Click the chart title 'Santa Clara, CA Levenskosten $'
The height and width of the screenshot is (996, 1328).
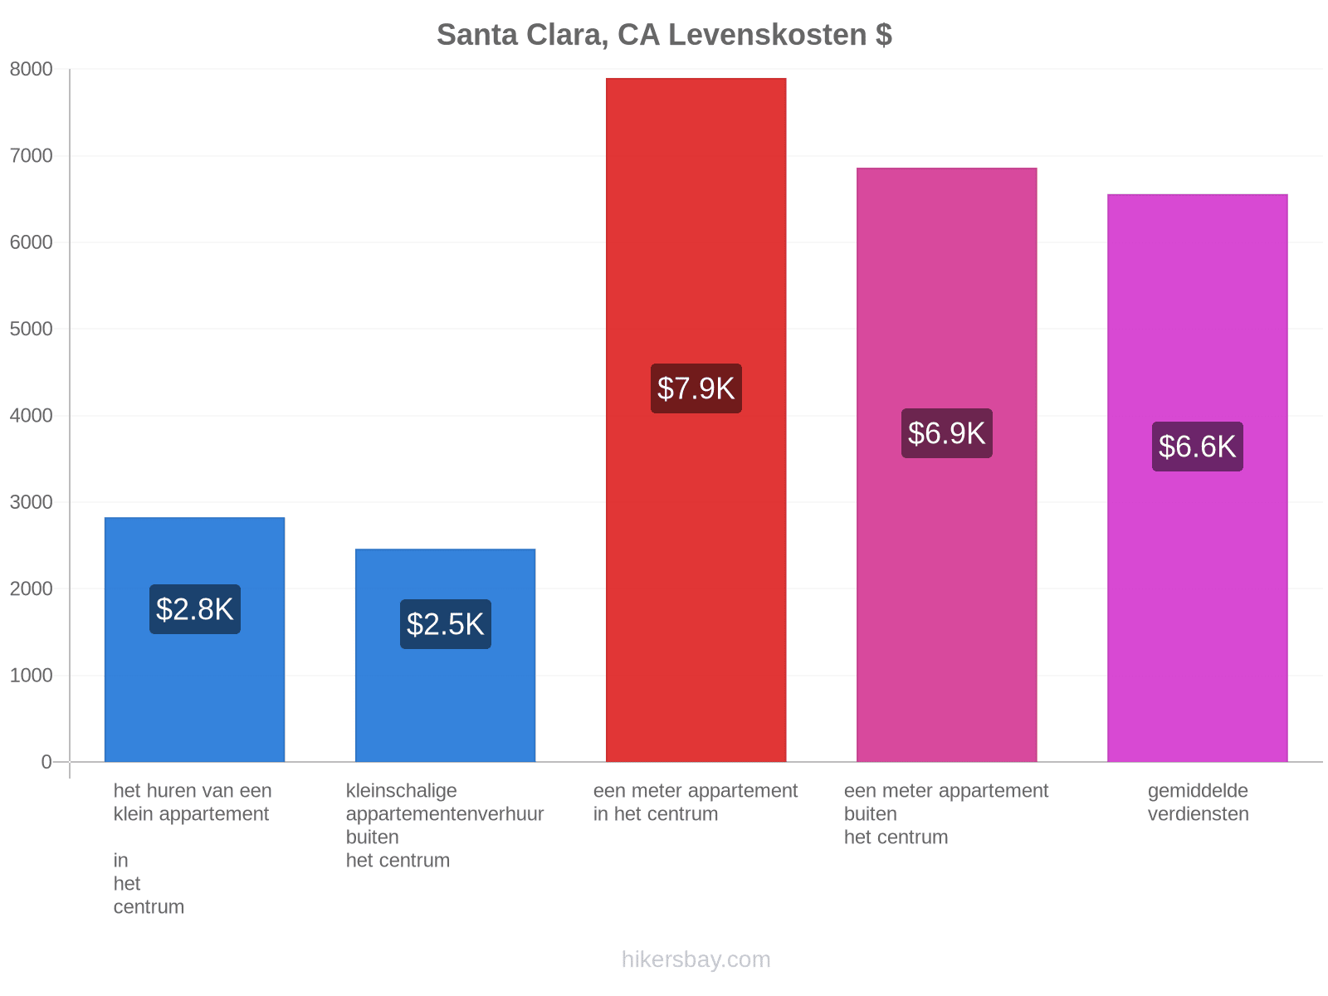[x=664, y=35]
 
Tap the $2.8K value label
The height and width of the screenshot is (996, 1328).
[x=195, y=609]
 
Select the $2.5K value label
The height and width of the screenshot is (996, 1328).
[x=445, y=624]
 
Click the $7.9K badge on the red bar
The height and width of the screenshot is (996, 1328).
[x=696, y=388]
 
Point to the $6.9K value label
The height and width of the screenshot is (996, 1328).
[x=946, y=433]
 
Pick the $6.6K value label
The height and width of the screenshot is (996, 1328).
[x=1197, y=447]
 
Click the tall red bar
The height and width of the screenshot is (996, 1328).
[x=696, y=420]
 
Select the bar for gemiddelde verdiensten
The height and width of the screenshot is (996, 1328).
[x=1197, y=478]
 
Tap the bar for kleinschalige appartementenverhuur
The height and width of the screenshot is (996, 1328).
[x=445, y=655]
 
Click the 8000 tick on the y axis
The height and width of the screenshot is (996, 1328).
[x=31, y=69]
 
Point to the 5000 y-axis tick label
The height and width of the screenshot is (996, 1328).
[x=31, y=329]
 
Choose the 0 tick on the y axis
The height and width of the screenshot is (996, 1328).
[x=46, y=762]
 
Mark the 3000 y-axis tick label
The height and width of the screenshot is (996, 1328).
[x=31, y=502]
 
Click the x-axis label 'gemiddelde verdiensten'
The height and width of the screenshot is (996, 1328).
[x=1198, y=802]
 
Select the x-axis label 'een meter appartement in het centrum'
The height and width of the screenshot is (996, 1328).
[x=696, y=802]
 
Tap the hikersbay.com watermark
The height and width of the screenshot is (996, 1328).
[x=696, y=959]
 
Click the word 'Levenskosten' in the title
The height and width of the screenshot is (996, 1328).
[x=767, y=35]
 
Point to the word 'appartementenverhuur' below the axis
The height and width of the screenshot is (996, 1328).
[x=445, y=814]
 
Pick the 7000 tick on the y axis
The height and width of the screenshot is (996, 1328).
[x=31, y=155]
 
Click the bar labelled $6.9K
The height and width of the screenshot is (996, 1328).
[x=946, y=465]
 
